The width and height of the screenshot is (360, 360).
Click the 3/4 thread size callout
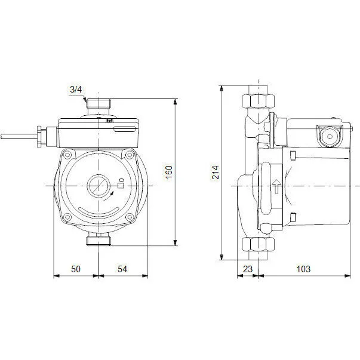[x=76, y=90]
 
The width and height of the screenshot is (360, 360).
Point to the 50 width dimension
[x=76, y=269]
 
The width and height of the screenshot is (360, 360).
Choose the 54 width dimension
[x=122, y=269]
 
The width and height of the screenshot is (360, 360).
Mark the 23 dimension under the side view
[x=248, y=269]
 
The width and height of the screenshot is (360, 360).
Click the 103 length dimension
[x=303, y=269]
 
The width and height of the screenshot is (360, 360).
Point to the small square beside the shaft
[x=119, y=186]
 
